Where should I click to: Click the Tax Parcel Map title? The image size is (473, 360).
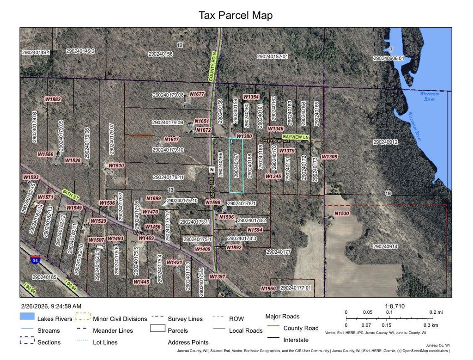coord(236,15)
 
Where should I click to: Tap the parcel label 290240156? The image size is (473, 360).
coord(160,54)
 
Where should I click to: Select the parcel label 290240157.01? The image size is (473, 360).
coord(272,56)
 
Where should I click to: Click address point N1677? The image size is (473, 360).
coord(197,94)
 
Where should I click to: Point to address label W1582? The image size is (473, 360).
coord(53,99)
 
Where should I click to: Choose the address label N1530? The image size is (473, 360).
coord(342,213)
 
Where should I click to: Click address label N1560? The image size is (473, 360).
coord(268,288)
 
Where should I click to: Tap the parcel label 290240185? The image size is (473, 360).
coord(44,277)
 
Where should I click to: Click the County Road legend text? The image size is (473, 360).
coord(301,328)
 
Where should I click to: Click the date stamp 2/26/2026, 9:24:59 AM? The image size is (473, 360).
coord(51,306)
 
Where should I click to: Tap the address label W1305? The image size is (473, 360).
coord(329,157)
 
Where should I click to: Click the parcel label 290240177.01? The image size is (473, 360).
coord(296,288)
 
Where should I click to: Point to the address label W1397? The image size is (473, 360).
coord(217,276)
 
